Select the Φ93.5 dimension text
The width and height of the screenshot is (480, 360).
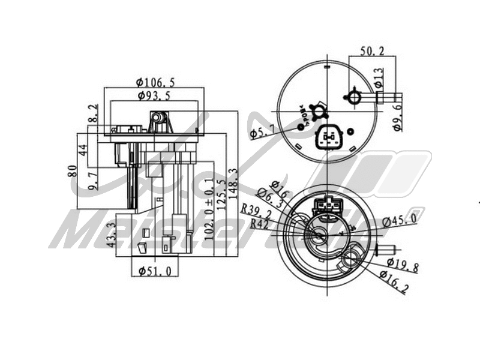[154, 96]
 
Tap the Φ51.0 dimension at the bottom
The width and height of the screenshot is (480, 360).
[154, 271]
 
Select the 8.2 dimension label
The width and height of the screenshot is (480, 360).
[92, 115]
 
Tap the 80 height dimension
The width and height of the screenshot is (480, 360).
[72, 170]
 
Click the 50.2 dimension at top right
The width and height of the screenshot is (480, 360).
[372, 52]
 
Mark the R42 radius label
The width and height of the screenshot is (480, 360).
[259, 224]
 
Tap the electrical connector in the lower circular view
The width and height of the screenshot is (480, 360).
[329, 205]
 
